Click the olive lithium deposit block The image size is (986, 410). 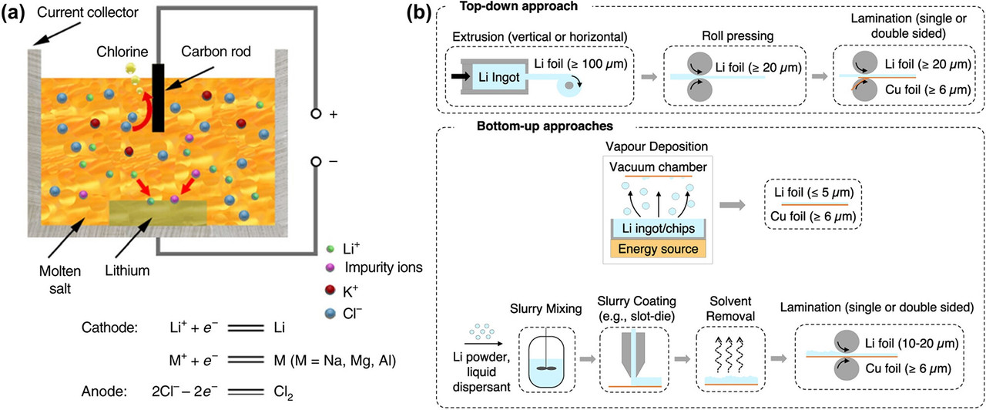[157, 212]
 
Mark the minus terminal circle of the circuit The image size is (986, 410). [316, 162]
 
